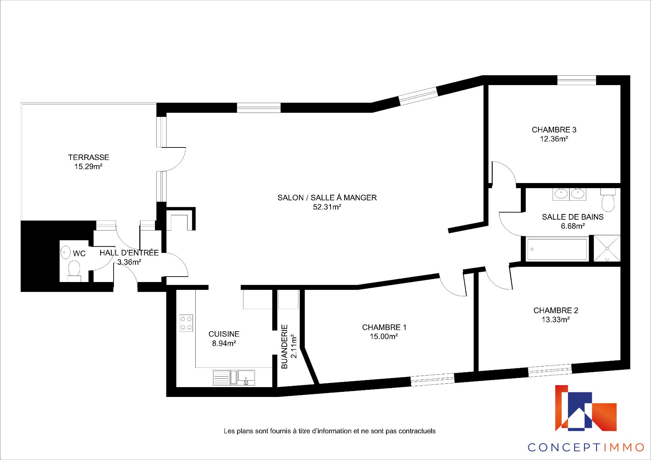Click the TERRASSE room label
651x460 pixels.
pos(88,157)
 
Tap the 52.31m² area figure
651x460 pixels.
pos(327,207)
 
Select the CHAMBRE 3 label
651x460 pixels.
pos(554,130)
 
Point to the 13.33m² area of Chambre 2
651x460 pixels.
pos(555,319)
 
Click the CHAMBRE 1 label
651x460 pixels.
pos(384,327)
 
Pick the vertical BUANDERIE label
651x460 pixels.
pos(284,346)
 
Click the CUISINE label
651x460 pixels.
pos(224,334)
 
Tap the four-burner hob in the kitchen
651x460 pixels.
pos(186,323)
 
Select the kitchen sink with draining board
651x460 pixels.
pos(234,378)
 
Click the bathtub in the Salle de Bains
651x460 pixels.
pos(557,249)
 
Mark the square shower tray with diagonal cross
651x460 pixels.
pos(607,248)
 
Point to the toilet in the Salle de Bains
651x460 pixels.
pos(608,200)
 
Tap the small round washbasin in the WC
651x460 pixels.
pos(65,253)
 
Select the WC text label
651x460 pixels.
pos(79,254)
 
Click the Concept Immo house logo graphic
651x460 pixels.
pos(586,408)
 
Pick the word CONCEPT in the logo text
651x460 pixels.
pos(565,447)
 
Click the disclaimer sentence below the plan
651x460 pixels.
pos(330,431)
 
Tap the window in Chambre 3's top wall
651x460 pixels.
pos(577,80)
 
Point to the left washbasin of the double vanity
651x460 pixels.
pos(561,194)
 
